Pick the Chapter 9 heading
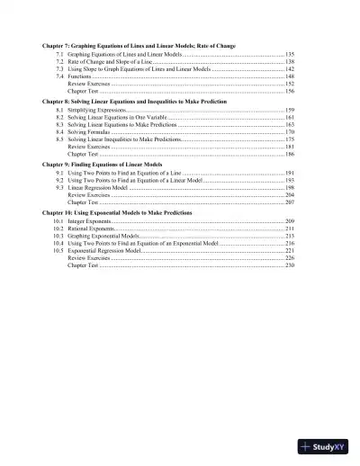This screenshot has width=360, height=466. point(99,166)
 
